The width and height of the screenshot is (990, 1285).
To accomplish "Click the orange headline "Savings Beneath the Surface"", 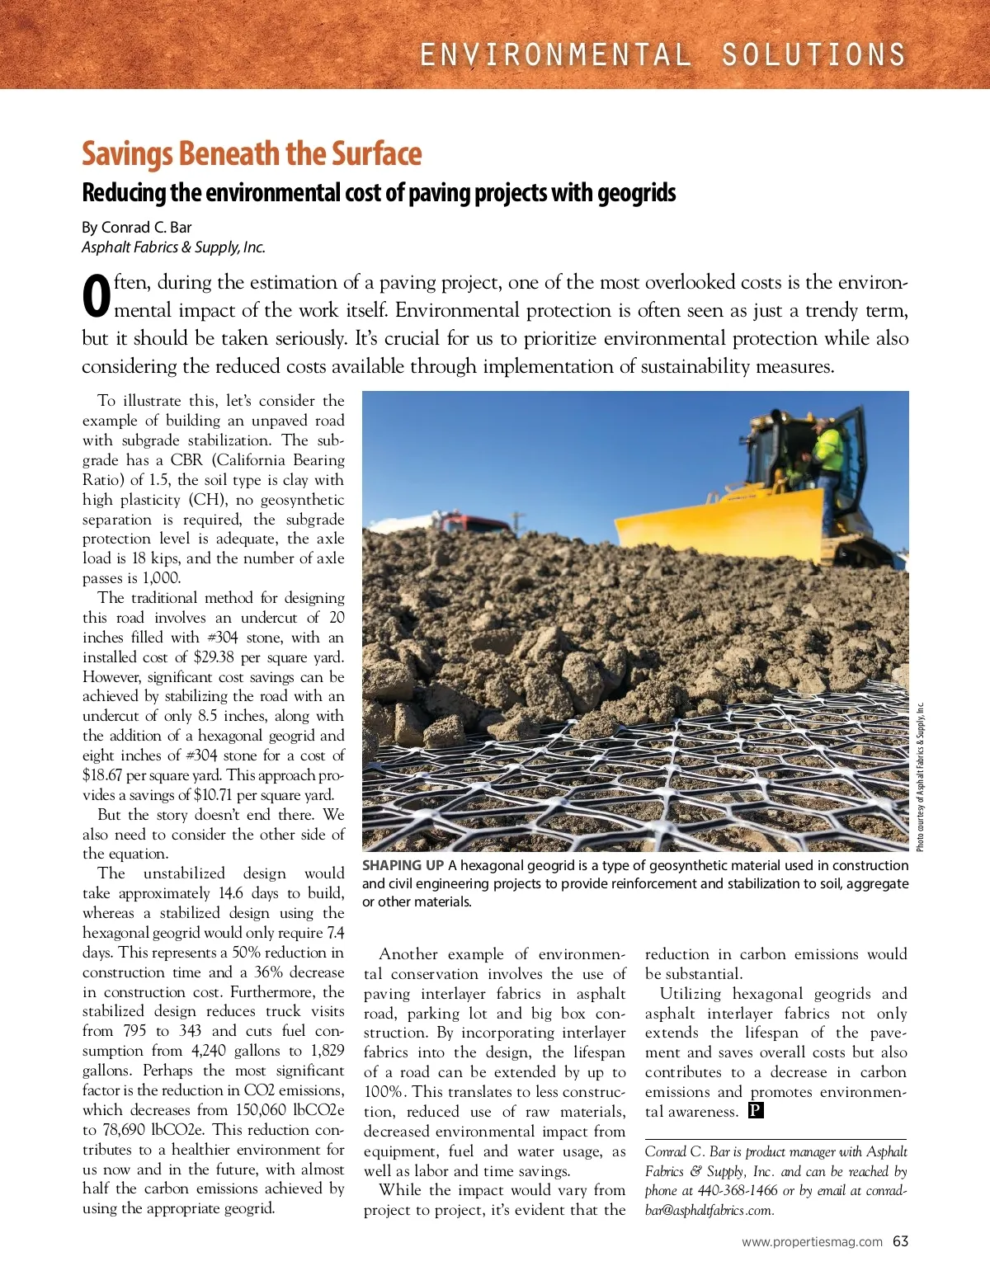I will click(x=252, y=154).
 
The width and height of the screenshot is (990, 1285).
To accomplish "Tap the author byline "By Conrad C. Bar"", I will click(x=137, y=227).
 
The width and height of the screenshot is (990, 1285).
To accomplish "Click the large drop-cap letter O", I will click(x=97, y=297).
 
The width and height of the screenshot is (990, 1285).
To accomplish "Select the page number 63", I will click(x=900, y=1241).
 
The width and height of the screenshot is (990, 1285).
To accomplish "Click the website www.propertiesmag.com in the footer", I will click(x=812, y=1242).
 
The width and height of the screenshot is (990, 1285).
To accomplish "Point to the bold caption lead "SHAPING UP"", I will click(x=403, y=865).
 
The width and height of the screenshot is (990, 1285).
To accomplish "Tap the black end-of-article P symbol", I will click(x=756, y=1110).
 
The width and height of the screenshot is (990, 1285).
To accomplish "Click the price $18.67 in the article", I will click(x=102, y=775).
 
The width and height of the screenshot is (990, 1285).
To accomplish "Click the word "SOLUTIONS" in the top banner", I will click(x=813, y=54).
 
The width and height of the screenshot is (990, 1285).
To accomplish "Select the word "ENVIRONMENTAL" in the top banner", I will click(x=555, y=54).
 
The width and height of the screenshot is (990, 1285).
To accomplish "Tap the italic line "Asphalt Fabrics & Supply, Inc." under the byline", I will click(x=173, y=247).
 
